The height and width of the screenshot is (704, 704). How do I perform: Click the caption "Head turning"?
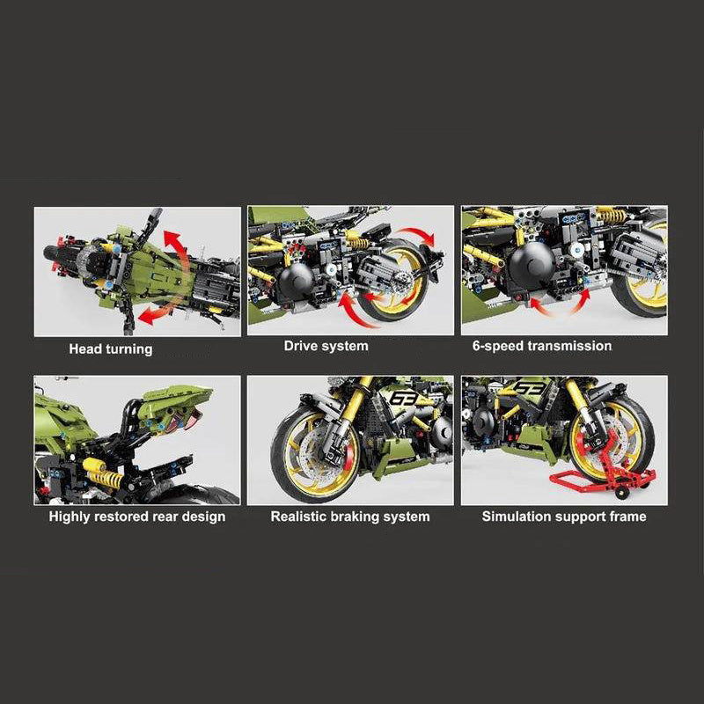pos(111,349)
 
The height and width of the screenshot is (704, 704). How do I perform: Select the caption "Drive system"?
pos(326,346)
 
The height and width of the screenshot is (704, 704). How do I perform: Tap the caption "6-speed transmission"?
pos(542,346)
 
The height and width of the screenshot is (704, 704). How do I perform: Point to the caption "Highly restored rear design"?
pos(137,517)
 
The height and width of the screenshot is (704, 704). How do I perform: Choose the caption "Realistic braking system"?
pos(350,517)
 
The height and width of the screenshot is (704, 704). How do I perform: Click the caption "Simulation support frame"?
pos(564,517)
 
